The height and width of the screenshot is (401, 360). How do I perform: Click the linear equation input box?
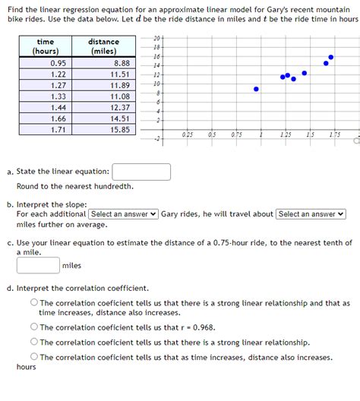[x=141, y=172]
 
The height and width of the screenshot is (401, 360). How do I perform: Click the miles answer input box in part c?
[x=38, y=265]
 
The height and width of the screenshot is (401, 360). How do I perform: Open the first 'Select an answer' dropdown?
[x=124, y=214]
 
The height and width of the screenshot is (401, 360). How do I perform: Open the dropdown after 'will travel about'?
[x=311, y=214]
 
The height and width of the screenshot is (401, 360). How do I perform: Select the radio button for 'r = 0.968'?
[x=35, y=327]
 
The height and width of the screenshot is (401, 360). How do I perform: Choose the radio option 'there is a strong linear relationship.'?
[x=35, y=342]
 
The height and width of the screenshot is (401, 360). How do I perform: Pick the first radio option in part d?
[x=35, y=303]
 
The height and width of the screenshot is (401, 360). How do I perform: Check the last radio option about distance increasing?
[x=35, y=356]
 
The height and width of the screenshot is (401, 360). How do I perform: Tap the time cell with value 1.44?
[x=58, y=108]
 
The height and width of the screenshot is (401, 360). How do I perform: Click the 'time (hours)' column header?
[x=46, y=46]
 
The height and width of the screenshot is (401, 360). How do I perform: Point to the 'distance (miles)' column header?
[x=103, y=46]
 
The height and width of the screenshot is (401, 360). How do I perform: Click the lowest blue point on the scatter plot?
[x=256, y=89]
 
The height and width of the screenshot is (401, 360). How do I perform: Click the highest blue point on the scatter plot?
[x=330, y=57]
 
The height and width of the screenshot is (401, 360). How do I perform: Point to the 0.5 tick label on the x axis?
[x=211, y=134]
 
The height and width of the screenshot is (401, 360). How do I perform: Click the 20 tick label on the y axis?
[x=156, y=38]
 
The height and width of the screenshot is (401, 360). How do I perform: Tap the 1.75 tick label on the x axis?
[x=335, y=134]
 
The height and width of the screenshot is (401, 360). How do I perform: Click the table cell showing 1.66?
[x=58, y=118]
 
